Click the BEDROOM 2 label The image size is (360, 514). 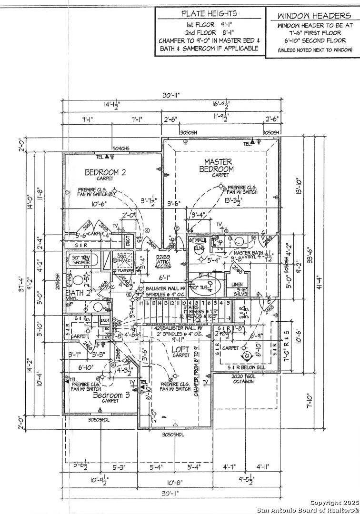tap(105, 172)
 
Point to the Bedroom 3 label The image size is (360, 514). tap(111, 395)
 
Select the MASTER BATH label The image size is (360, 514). tap(247, 252)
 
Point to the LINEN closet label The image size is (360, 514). tap(236, 284)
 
